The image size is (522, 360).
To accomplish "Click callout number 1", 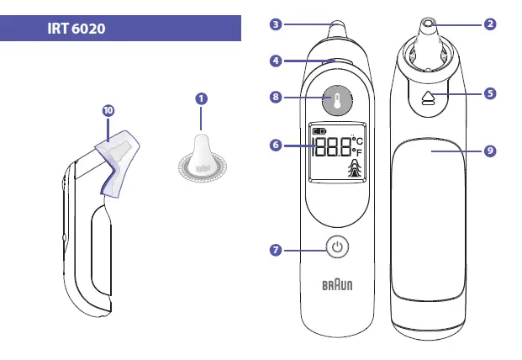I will pyautogui.click(x=201, y=98).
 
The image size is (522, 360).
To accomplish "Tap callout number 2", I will pyautogui.click(x=490, y=24).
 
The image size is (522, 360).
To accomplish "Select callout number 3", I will pyautogui.click(x=276, y=24).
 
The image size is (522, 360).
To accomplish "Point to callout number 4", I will pyautogui.click(x=276, y=61).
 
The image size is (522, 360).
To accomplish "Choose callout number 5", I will pyautogui.click(x=490, y=93).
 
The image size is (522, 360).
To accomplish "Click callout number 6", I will pyautogui.click(x=276, y=146).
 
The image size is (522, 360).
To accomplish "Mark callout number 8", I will pyautogui.click(x=276, y=98).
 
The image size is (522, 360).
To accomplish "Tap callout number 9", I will pyautogui.click(x=490, y=151).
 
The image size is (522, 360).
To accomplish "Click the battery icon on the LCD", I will pyautogui.click(x=319, y=132).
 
